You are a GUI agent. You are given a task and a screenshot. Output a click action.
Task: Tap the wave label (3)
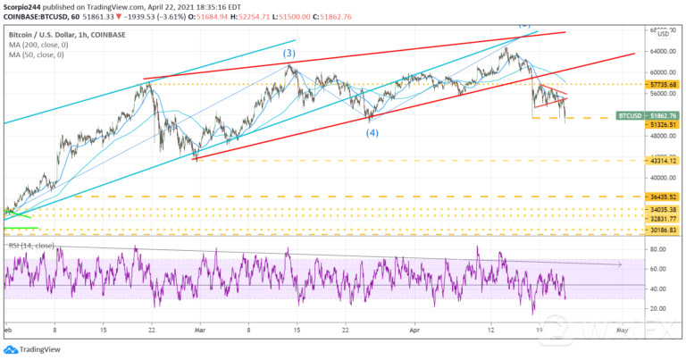pyautogui.click(x=289, y=54)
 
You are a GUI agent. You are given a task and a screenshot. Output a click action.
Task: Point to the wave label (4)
pyautogui.click(x=372, y=132)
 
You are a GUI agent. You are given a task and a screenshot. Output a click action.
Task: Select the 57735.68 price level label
pyautogui.click(x=660, y=84)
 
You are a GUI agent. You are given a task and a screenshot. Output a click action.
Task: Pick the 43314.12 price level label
pyautogui.click(x=660, y=161)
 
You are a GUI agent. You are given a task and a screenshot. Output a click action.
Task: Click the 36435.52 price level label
pyautogui.click(x=660, y=197)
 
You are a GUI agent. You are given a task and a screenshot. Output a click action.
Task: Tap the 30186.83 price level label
pyautogui.click(x=660, y=230)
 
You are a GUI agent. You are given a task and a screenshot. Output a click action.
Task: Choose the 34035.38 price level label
pyautogui.click(x=660, y=210)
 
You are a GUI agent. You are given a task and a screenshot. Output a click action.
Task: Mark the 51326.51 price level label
pyautogui.click(x=660, y=125)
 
